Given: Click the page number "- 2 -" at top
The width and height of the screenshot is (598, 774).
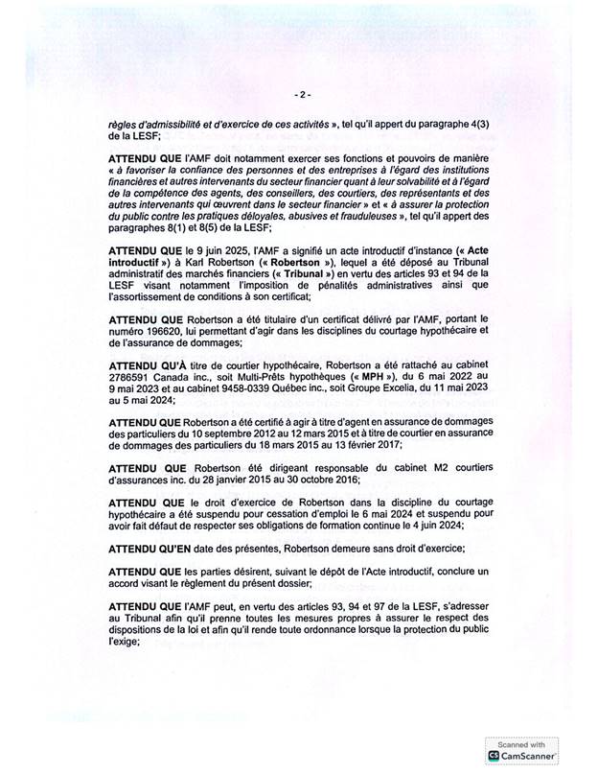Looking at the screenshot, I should point(301,95).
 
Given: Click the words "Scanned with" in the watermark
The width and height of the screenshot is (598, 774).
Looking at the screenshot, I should point(521,743).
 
